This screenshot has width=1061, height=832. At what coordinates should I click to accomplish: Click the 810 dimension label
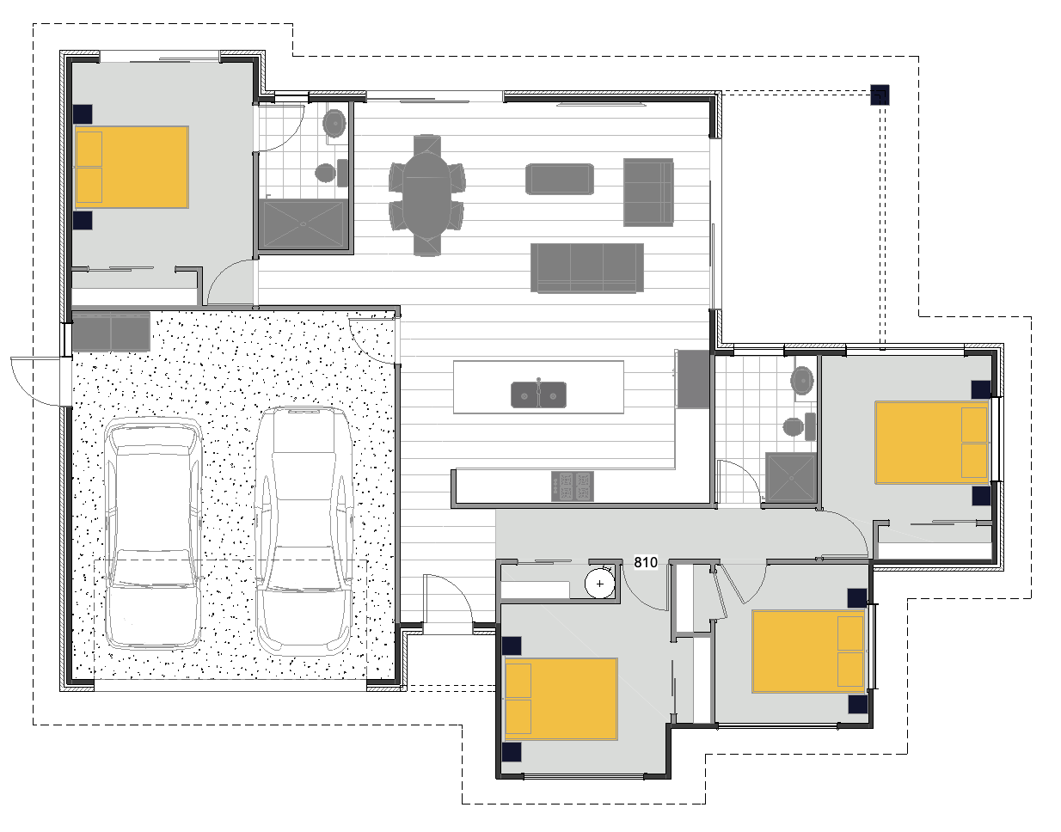tap(646, 562)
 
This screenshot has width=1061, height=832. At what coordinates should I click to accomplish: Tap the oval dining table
tap(426, 195)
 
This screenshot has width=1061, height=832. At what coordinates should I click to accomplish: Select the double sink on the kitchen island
tap(538, 395)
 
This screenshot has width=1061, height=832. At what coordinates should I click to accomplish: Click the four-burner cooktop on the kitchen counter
tap(573, 486)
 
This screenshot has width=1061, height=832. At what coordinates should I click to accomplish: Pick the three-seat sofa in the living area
tap(587, 268)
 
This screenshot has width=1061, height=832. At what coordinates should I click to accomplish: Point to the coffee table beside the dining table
tap(560, 179)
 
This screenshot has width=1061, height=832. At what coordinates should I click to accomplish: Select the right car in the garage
tap(304, 531)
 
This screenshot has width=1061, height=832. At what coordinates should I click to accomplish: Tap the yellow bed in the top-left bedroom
tap(132, 168)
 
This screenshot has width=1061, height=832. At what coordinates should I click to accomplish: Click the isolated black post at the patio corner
tap(880, 95)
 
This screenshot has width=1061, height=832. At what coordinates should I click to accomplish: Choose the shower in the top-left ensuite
tap(304, 224)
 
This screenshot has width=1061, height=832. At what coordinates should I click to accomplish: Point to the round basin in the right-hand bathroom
tap(802, 380)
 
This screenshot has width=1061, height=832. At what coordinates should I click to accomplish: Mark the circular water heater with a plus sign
tap(599, 583)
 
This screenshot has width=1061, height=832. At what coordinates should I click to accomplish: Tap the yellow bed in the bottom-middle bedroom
tap(561, 699)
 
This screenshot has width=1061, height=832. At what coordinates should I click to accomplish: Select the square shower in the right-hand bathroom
tap(791, 477)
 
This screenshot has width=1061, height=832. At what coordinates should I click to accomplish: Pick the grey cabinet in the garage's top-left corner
tap(111, 332)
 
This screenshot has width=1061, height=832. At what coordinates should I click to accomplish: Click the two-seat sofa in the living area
tap(648, 193)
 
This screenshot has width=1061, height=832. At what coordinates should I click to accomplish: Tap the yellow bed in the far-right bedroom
tap(932, 443)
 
